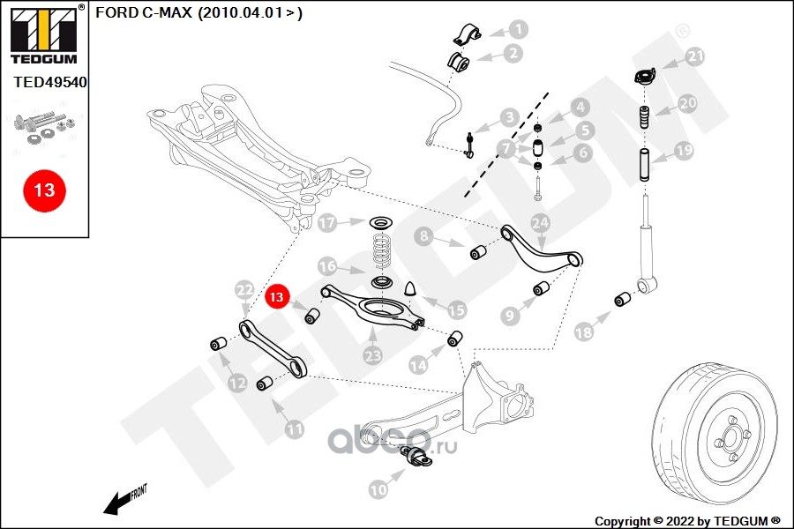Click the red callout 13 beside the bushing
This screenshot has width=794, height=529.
point(276,296)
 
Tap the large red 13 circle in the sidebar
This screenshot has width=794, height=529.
point(44,190)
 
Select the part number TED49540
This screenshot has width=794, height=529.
point(50,82)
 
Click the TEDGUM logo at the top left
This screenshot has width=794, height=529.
point(44,34)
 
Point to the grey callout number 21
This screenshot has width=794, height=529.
point(695,56)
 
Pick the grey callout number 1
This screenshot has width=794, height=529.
point(519,29)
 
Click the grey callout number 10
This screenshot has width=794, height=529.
point(378,489)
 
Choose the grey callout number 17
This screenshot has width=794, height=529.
point(327,223)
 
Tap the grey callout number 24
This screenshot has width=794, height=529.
point(540,223)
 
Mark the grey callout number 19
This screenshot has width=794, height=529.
point(684,151)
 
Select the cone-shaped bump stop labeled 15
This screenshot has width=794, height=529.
point(410,288)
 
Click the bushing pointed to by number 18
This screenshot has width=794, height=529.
point(623,299)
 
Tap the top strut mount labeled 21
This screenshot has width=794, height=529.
point(645,76)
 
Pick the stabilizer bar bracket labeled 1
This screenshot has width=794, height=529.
point(467,34)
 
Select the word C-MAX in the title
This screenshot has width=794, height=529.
point(167,12)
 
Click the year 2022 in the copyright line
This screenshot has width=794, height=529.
point(679,521)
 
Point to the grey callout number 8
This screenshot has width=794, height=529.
point(423,236)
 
